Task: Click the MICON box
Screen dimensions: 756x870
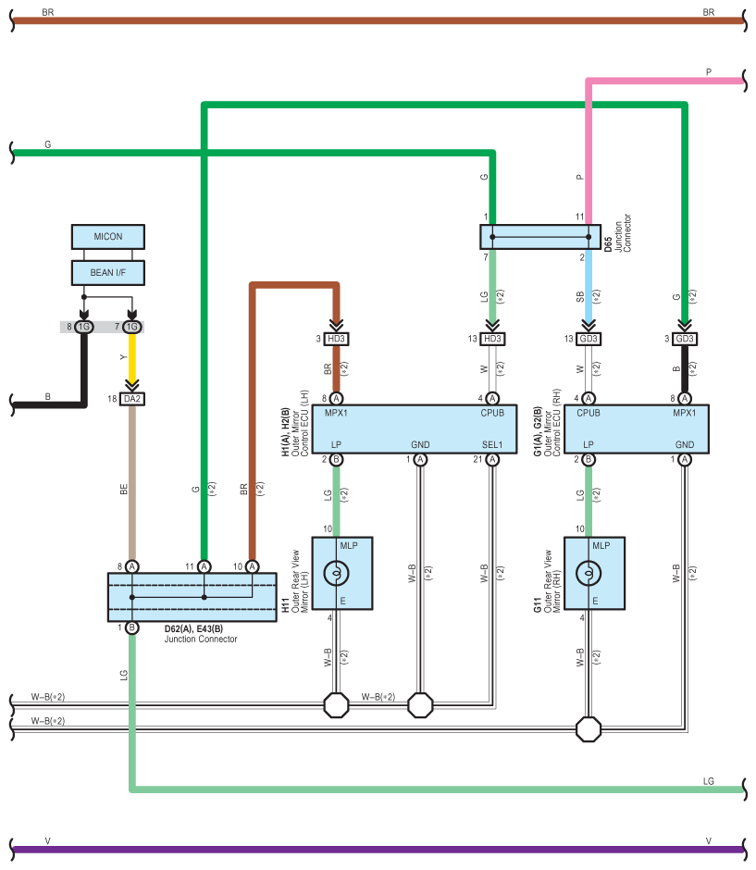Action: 108,237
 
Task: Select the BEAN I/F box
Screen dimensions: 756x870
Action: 108,273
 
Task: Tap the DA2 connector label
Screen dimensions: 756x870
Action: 132,399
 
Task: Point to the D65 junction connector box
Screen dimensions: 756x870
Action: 540,237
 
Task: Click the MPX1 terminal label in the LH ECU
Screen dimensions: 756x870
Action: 336,414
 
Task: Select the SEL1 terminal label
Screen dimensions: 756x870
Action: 492,445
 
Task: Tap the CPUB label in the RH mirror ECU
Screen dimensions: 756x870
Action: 589,414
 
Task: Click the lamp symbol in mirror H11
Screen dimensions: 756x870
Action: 336,573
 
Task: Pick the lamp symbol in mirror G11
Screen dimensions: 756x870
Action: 589,573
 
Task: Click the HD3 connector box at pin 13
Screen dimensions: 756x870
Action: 492,339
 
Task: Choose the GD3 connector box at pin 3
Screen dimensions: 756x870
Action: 685,339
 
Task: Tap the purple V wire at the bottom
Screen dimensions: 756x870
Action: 378,850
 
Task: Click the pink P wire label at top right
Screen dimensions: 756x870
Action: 708,72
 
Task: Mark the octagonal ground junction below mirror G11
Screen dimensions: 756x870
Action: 589,729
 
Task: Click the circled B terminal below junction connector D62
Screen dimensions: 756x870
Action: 132,628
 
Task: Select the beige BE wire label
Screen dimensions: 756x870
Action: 124,490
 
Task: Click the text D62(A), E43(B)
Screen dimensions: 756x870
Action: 193,629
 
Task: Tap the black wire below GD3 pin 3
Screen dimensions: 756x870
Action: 685,368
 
